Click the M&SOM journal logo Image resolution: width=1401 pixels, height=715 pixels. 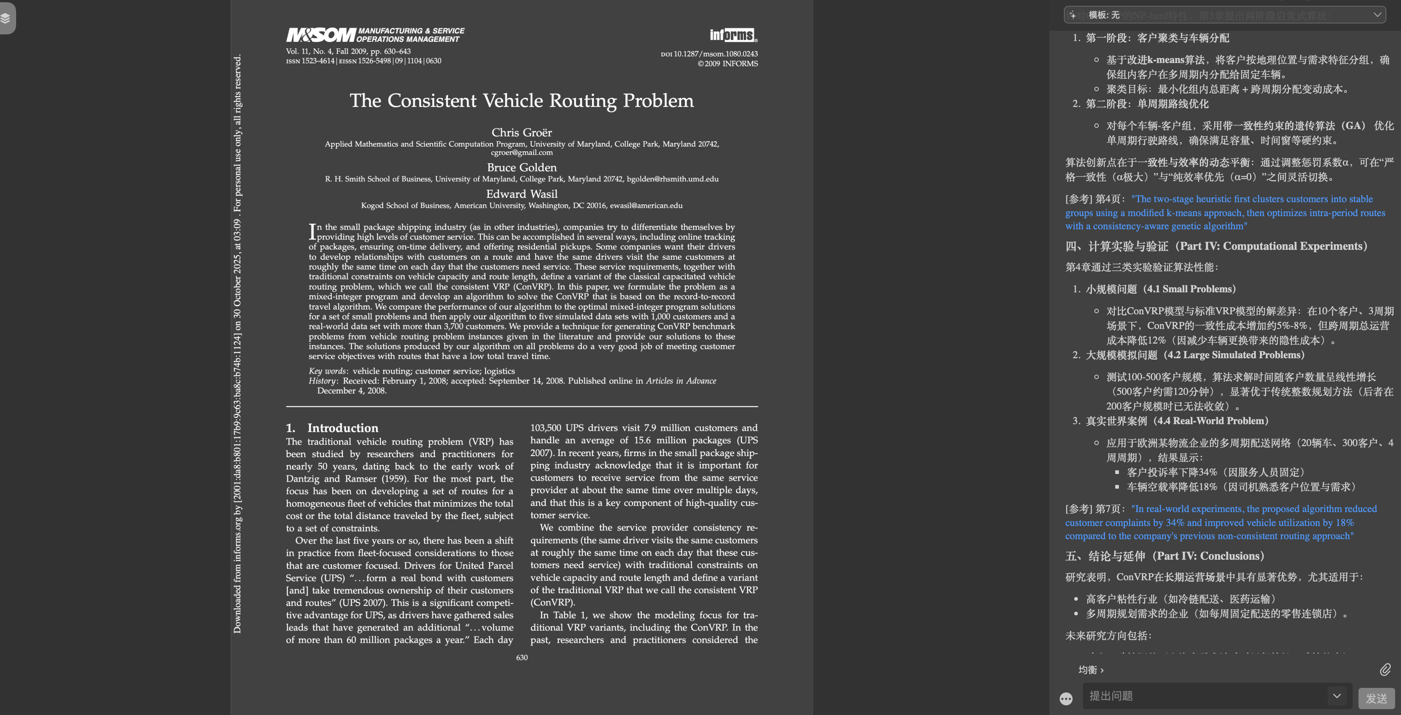point(321,35)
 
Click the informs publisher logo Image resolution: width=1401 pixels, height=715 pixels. point(733,35)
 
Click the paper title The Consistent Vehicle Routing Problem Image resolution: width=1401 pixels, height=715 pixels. point(521,101)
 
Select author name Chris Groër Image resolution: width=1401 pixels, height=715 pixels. point(521,132)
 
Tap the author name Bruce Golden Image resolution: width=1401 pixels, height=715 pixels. point(521,167)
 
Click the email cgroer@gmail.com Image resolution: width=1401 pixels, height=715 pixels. point(521,153)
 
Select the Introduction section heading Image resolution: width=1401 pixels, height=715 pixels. point(342,428)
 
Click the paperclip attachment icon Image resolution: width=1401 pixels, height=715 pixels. point(1385,669)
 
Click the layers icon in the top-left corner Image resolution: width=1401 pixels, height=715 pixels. point(6,18)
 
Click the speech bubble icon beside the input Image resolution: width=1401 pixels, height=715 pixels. point(1065,699)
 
